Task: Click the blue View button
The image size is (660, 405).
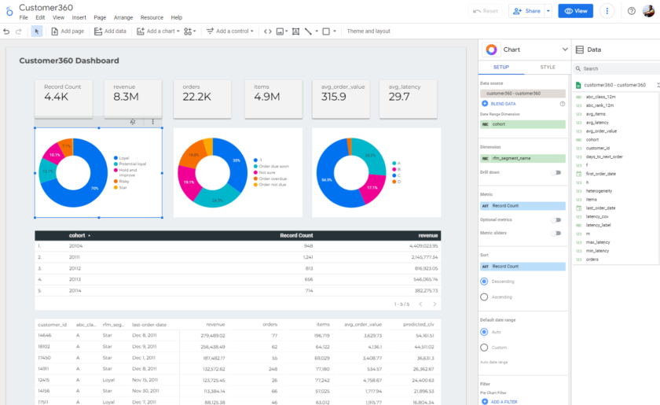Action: click(x=575, y=11)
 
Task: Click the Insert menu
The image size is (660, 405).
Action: click(x=79, y=17)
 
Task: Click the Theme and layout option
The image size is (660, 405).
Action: click(x=368, y=31)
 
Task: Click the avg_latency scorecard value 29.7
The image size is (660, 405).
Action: click(x=399, y=96)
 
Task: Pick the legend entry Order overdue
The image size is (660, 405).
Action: click(x=272, y=178)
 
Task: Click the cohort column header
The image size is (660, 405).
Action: click(x=77, y=235)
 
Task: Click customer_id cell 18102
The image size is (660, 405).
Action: click(x=44, y=346)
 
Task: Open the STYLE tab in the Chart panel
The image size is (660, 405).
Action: click(x=547, y=68)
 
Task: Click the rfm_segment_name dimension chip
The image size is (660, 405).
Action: click(x=522, y=158)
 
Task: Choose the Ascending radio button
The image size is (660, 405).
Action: click(x=484, y=296)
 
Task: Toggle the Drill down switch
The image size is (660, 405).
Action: click(x=557, y=172)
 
